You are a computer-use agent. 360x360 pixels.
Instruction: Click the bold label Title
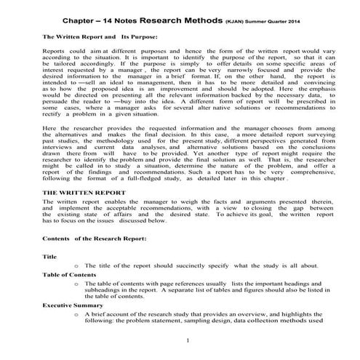pyautogui.click(x=49, y=257)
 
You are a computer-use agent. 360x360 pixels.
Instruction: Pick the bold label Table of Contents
pyautogui.click(x=70, y=275)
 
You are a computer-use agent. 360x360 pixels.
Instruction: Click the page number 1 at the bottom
pyautogui.click(x=187, y=341)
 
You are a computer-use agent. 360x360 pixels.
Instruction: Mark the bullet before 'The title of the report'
pyautogui.click(x=76, y=266)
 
